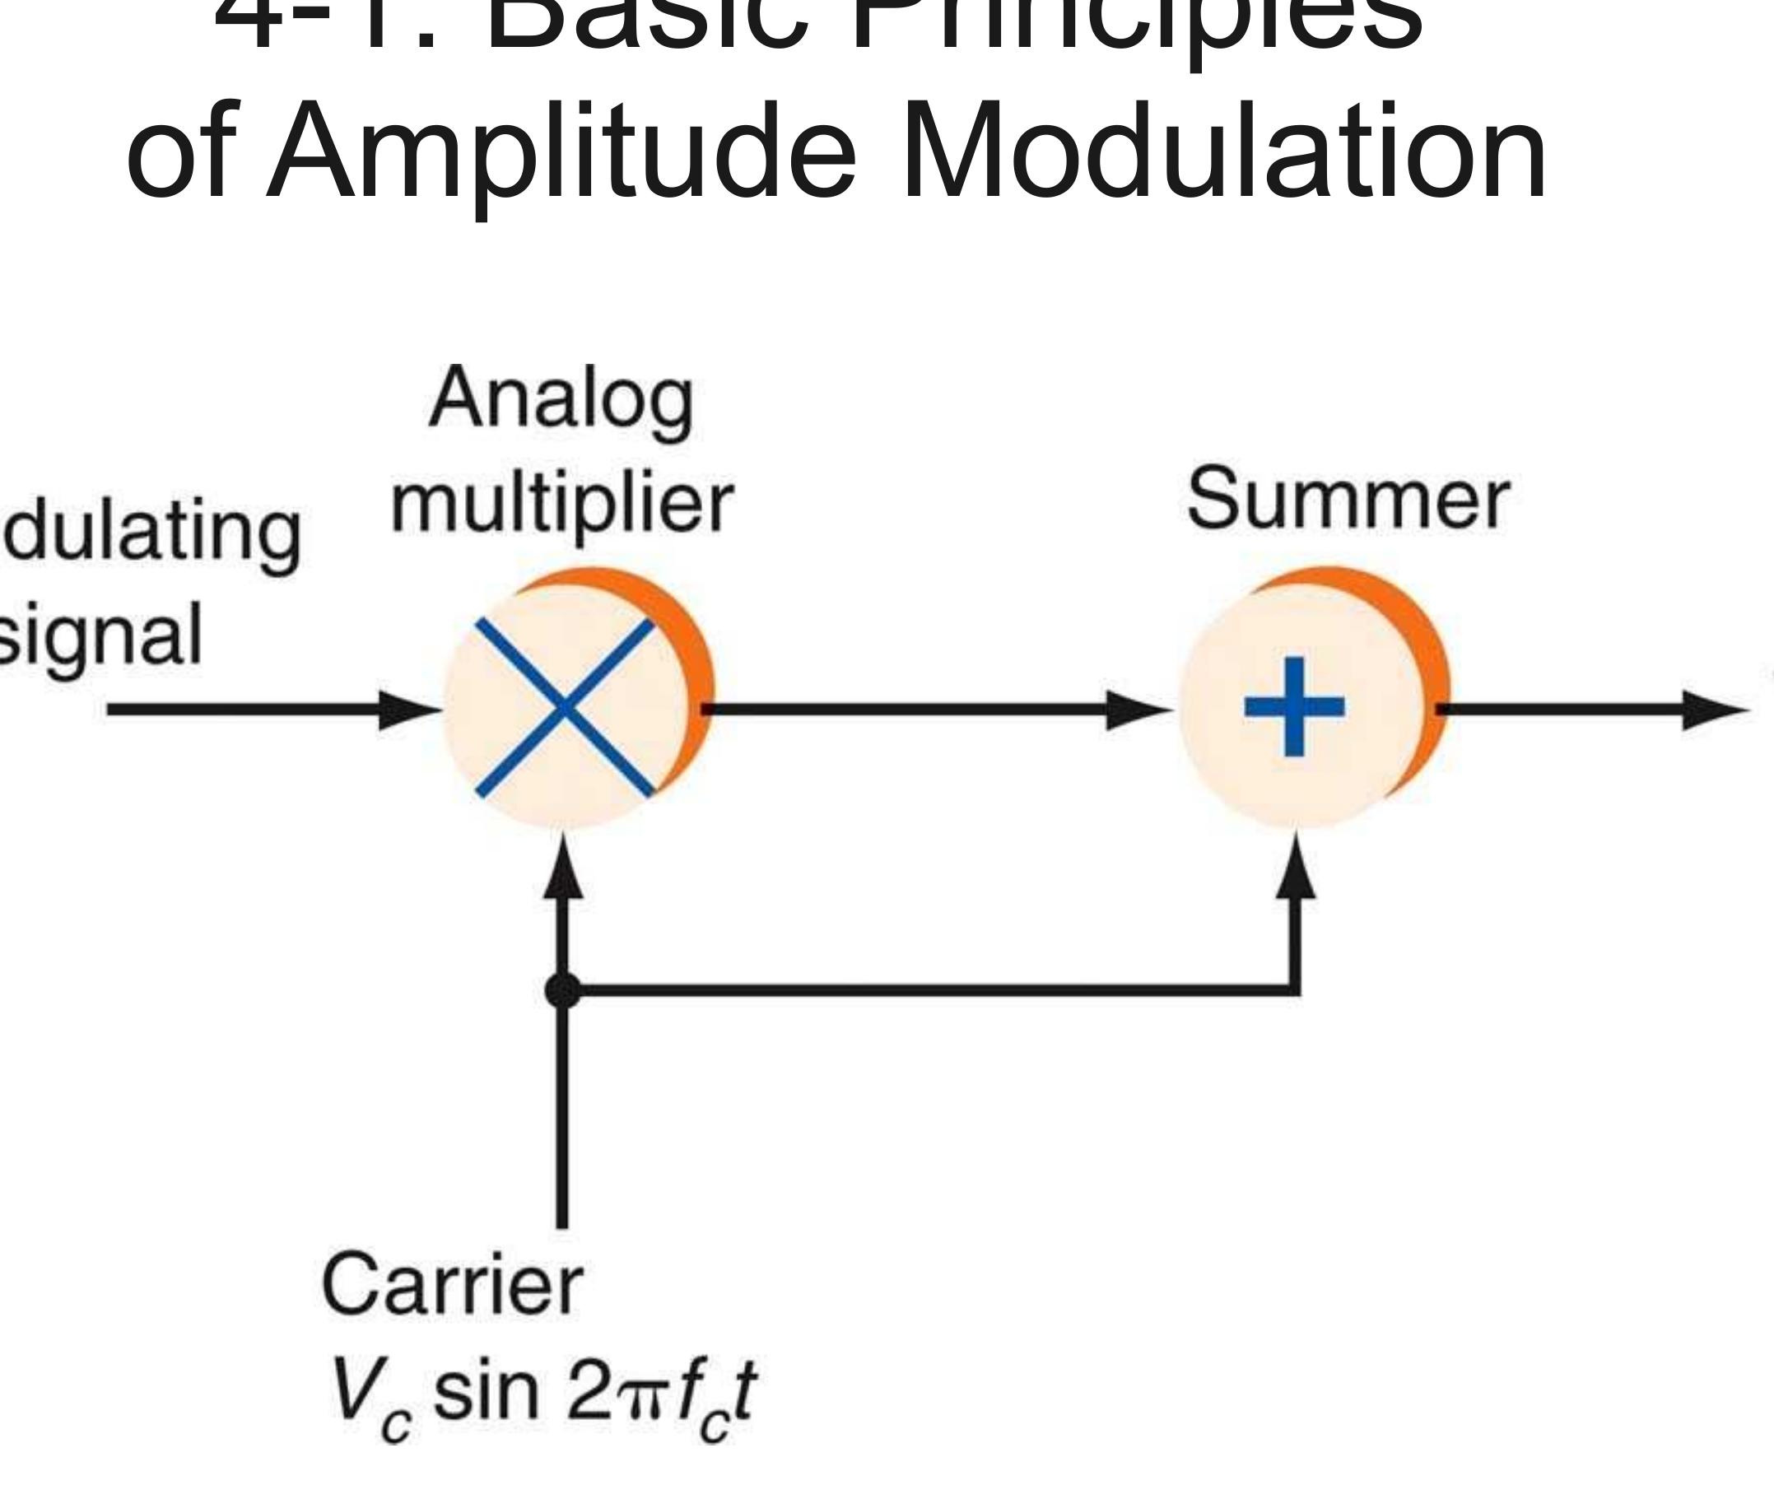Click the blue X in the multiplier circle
(x=565, y=707)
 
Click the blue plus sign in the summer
(x=1294, y=706)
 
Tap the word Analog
(x=561, y=399)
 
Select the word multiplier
(x=561, y=503)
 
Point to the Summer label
(x=1348, y=500)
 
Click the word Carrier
(x=452, y=1285)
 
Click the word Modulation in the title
(x=1223, y=151)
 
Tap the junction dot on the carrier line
(x=562, y=990)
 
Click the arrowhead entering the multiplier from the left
(x=407, y=710)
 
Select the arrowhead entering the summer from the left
(x=1137, y=710)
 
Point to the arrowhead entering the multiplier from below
(x=562, y=867)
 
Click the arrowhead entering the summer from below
(x=1295, y=867)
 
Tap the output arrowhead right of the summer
(x=1712, y=710)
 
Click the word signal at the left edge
(x=98, y=635)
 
